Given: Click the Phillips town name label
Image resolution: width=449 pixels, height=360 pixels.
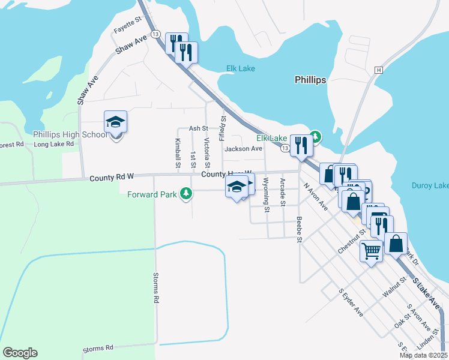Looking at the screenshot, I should point(310,80).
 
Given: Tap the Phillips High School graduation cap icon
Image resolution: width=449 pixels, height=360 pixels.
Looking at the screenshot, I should point(115,123).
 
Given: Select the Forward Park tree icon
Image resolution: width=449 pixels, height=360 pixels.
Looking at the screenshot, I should point(187,193).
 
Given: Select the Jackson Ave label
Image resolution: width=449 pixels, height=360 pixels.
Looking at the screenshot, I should point(243,149).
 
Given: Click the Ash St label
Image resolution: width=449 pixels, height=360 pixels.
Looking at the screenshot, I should point(198,128).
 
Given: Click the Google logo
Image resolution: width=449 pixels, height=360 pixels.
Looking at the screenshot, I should point(20,352).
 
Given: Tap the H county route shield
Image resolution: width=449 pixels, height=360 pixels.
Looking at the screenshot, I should point(378,70).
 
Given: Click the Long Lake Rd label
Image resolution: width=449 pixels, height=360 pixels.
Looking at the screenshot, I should point(53,144).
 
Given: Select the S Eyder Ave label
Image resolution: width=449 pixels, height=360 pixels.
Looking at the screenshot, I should point(351,304).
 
